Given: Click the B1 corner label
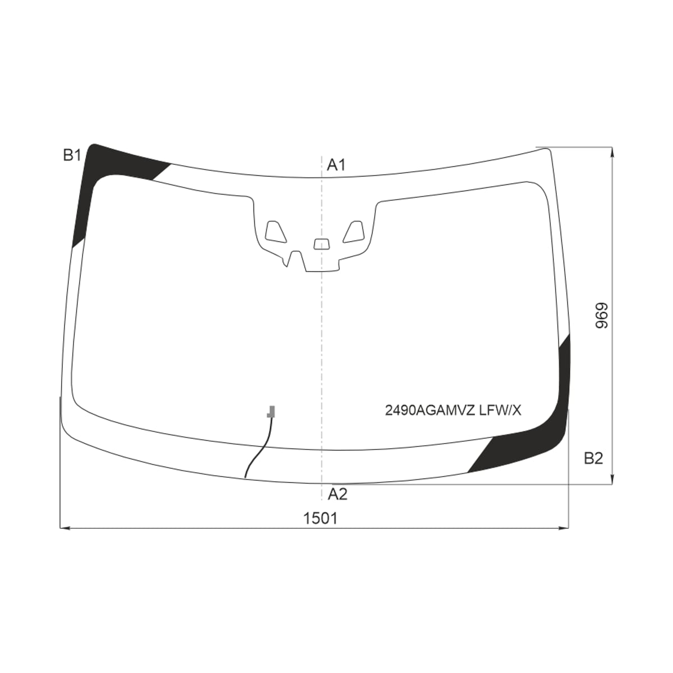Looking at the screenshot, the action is coord(72,155).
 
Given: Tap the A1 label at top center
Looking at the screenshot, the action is coord(336,165).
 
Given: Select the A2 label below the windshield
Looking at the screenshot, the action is coord(338,494).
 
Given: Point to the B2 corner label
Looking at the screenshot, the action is coord(593,458).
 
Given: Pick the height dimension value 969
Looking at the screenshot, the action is coord(601,315).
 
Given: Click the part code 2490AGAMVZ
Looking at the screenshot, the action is coord(430,411).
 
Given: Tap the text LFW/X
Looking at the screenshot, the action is coord(500,411).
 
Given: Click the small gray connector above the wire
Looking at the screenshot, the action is coord(271,412).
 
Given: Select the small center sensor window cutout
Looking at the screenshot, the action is coord(321,244).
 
